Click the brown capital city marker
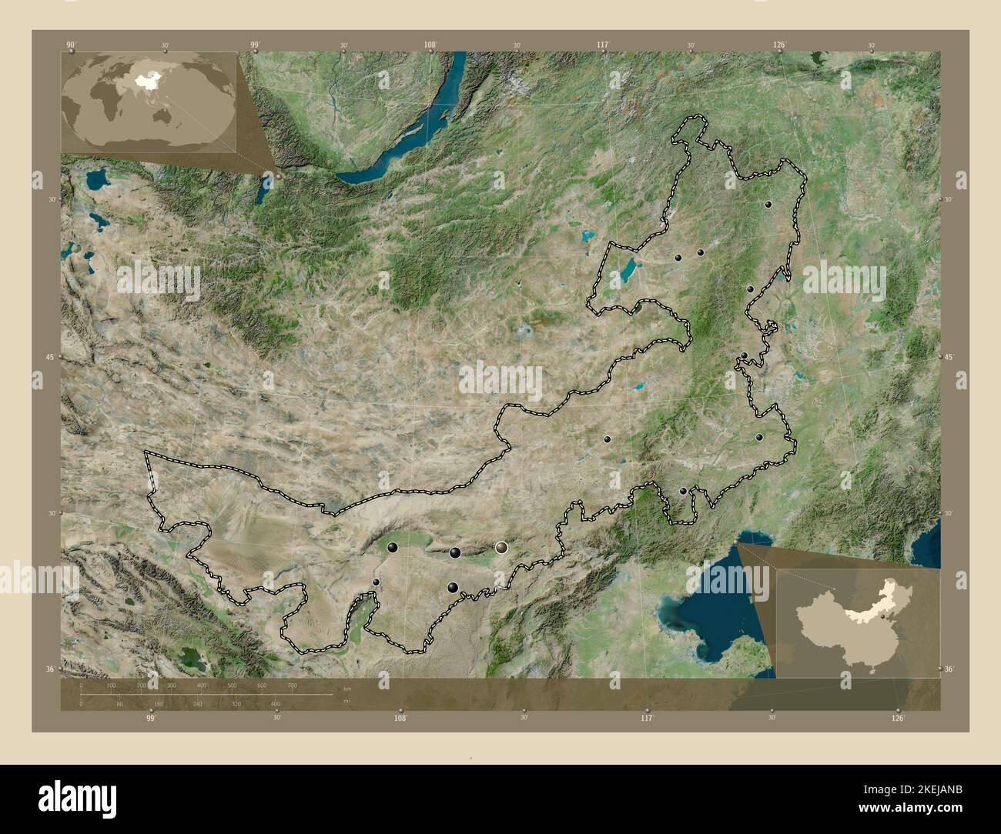[502, 547]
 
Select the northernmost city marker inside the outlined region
[768, 205]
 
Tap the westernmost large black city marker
[393, 547]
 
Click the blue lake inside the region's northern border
[629, 270]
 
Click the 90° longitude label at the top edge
[71, 45]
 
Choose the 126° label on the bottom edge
[898, 718]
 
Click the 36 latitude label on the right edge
[949, 669]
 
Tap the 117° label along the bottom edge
[647, 718]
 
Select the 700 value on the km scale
[292, 685]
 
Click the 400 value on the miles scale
[275, 703]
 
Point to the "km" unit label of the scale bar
[347, 689]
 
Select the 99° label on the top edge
[255, 45]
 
